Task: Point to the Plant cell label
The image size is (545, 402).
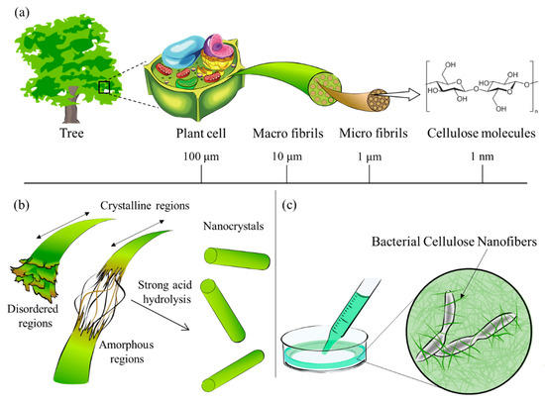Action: tap(202, 135)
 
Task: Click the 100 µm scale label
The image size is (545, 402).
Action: tap(202, 157)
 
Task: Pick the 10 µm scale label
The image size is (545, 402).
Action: tap(286, 157)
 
